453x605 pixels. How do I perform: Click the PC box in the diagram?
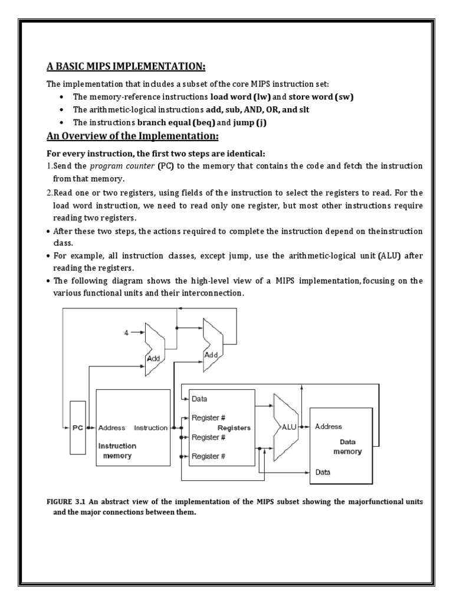(78, 428)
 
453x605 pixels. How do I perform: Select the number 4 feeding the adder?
(126, 334)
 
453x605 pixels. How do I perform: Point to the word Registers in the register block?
(234, 427)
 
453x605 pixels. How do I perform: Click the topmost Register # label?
(209, 417)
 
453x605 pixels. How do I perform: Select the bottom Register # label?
(209, 456)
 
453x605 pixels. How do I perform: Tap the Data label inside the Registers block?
(201, 399)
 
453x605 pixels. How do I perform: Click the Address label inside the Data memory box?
(329, 425)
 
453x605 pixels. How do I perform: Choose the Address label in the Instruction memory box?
(112, 428)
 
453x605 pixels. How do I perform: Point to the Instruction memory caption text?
(117, 451)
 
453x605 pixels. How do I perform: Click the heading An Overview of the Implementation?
(133, 137)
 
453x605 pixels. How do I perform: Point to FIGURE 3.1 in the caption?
(67, 501)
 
